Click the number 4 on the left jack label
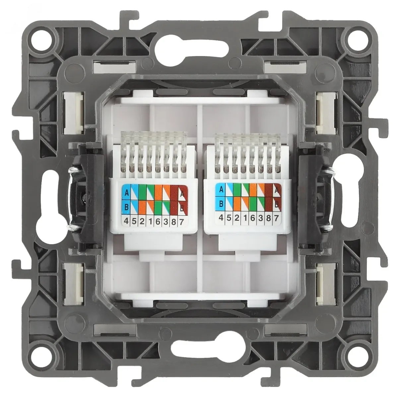[x=126, y=221]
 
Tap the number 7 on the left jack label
[x=181, y=222]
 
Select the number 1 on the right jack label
[x=244, y=218]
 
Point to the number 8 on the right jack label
[x=268, y=218]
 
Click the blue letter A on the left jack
[x=127, y=193]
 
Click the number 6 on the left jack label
[x=158, y=222]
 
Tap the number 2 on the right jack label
[x=237, y=218]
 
